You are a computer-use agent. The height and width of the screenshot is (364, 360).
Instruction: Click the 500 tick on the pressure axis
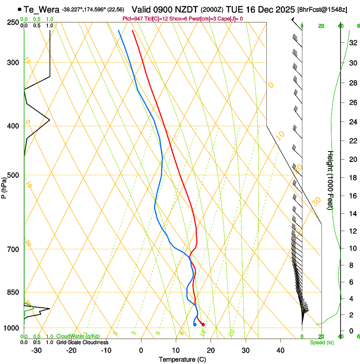(13, 175)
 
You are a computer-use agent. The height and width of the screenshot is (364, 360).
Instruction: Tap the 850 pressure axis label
(13, 292)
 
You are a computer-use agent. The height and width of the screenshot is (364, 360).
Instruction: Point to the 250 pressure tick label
(13, 22)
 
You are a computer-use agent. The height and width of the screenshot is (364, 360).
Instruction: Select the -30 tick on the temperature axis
(36, 350)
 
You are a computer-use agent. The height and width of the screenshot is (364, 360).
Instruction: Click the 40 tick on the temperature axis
(280, 350)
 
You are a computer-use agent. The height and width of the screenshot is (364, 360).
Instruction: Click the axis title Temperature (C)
(182, 359)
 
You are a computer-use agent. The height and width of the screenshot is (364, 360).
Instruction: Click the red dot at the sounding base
(203, 325)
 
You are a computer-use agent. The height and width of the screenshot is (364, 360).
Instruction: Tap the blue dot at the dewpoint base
(194, 325)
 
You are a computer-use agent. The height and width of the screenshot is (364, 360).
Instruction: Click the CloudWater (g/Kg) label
(78, 336)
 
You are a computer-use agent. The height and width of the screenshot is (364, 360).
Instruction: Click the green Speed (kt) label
(321, 342)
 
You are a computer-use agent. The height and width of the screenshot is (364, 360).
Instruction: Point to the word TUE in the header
(234, 9)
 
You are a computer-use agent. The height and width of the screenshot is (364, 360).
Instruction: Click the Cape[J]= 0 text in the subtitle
(231, 19)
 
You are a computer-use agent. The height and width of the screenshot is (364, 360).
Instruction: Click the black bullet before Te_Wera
(19, 9)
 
